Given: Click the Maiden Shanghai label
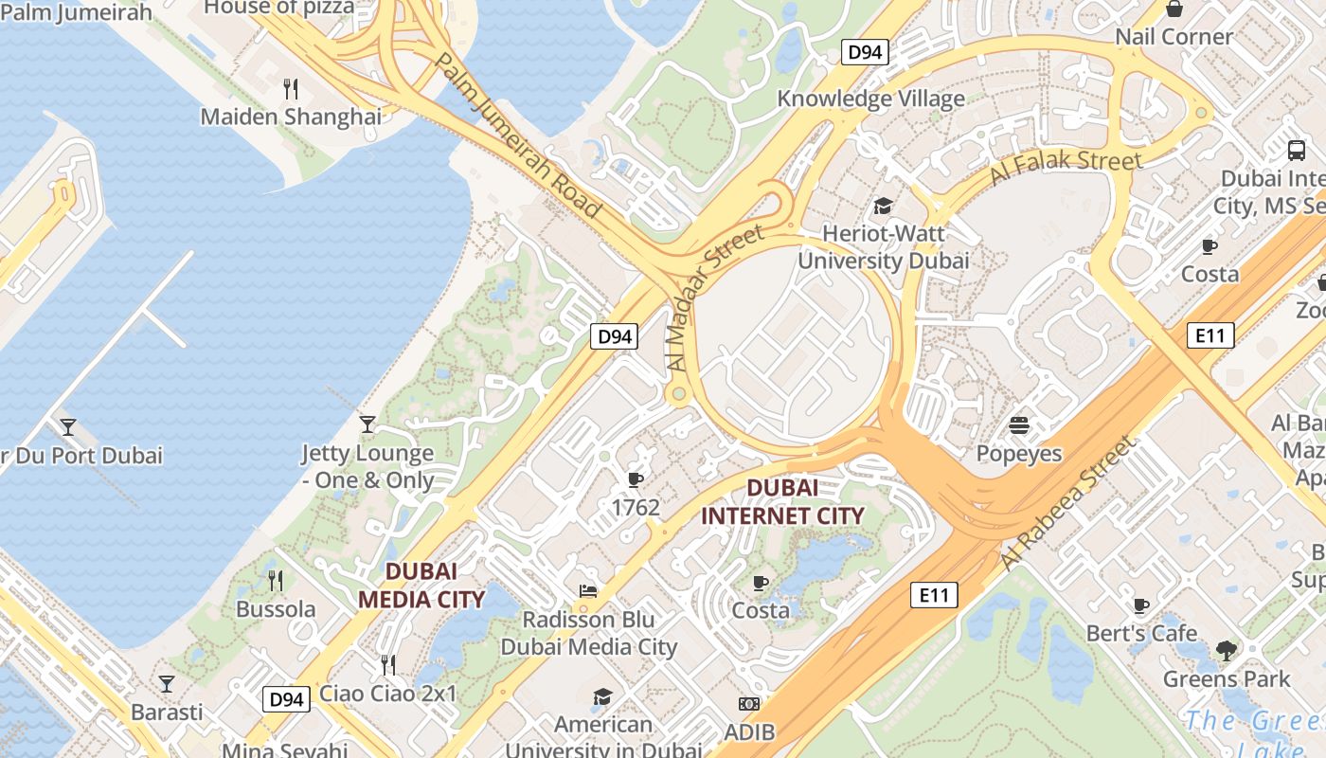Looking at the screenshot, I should coord(291,117).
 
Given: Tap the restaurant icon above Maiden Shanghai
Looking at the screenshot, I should coord(291,89).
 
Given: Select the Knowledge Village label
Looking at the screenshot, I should coord(870,99).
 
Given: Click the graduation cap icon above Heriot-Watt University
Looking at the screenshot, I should coord(883,206).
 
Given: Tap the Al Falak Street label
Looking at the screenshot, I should coord(1066,168).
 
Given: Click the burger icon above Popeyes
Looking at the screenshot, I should coord(1019,425).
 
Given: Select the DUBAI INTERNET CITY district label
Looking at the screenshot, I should coord(782,501).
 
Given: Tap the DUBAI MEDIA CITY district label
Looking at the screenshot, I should coord(421,585).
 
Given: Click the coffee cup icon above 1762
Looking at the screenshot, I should coord(635,479).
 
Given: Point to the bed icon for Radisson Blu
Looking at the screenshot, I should coord(588,591).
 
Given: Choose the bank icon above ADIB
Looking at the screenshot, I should coord(749,704).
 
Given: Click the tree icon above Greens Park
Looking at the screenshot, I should coord(1227,650).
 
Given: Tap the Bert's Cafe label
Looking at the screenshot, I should coord(1141,633).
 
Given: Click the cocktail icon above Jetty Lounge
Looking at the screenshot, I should coord(367,424).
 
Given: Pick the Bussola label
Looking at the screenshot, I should coord(276,608).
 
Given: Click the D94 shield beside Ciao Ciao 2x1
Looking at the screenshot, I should coord(286,699).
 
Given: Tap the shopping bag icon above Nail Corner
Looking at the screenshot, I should coord(1174,9).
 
